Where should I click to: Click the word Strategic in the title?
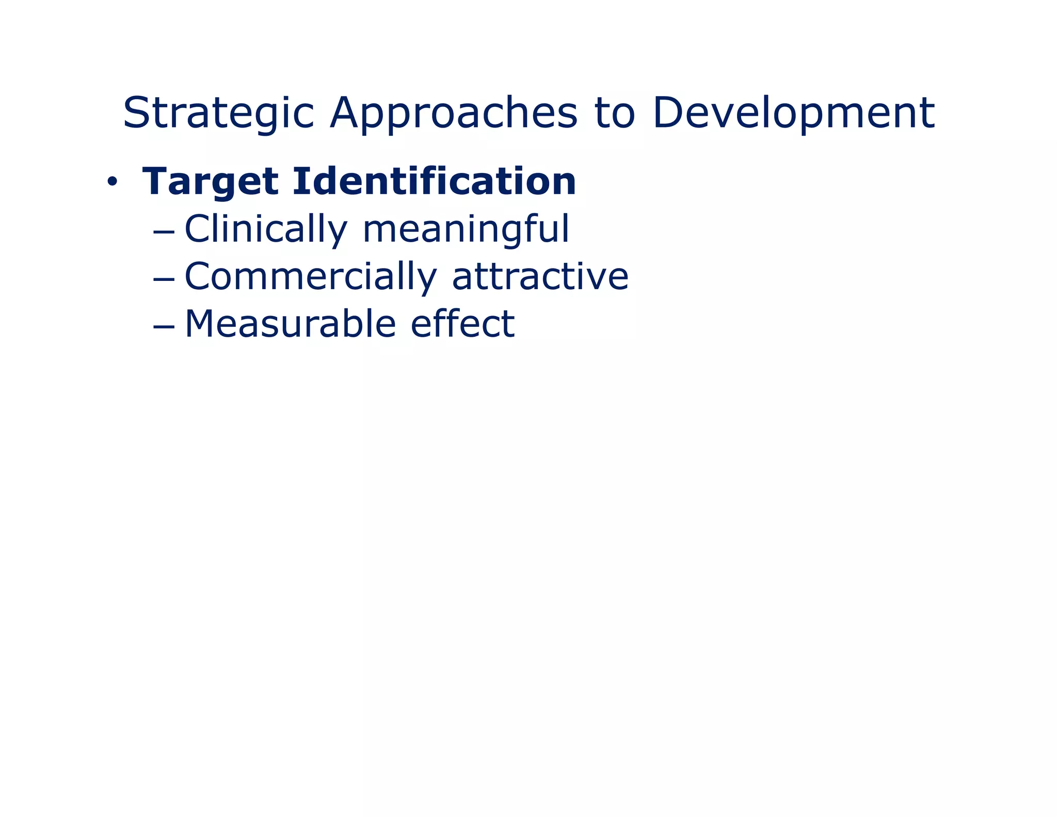pyautogui.click(x=218, y=114)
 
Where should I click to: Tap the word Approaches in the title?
pyautogui.click(x=454, y=114)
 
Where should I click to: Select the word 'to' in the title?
pyautogui.click(x=614, y=114)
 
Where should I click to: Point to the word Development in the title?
pyautogui.click(x=793, y=114)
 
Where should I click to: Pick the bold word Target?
pyautogui.click(x=211, y=182)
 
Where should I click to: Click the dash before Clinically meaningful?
pyautogui.click(x=164, y=231)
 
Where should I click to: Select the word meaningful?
pyautogui.click(x=466, y=229)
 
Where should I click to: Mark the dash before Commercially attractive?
pyautogui.click(x=164, y=279)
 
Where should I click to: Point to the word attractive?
pyautogui.click(x=540, y=276)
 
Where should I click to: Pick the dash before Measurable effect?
pyautogui.click(x=164, y=326)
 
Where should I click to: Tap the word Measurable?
pyautogui.click(x=290, y=324)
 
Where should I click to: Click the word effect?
pyautogui.click(x=462, y=323)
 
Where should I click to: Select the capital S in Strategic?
pyautogui.click(x=136, y=113)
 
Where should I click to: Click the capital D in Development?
pyautogui.click(x=667, y=113)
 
